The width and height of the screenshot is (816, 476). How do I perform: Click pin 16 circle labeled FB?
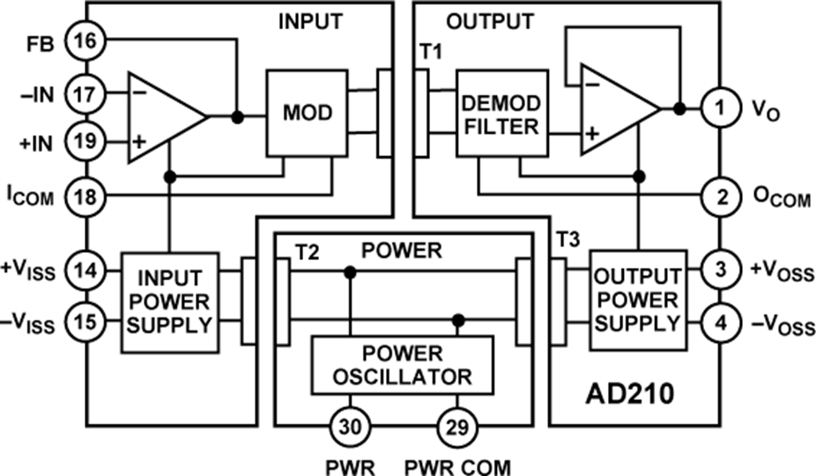click(x=89, y=41)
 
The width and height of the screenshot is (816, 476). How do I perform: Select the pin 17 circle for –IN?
click(x=89, y=91)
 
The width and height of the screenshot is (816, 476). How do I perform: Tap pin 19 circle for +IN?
click(x=89, y=140)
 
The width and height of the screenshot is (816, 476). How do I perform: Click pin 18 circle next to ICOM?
click(x=89, y=196)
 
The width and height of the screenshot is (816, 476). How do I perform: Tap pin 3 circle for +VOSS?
click(x=721, y=269)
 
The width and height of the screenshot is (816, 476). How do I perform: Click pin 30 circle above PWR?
click(x=350, y=428)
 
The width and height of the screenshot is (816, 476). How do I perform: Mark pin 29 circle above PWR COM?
click(x=456, y=428)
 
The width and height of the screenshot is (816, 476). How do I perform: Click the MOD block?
click(x=307, y=114)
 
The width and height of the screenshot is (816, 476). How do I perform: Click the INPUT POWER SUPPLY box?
click(x=168, y=302)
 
